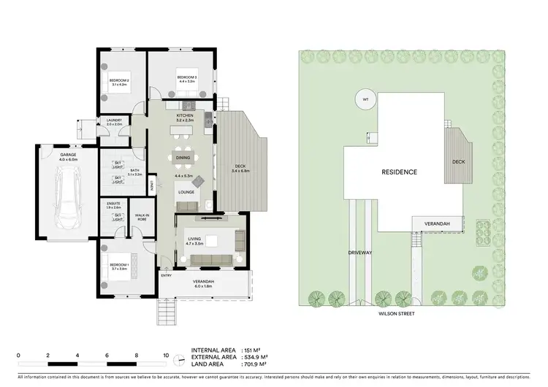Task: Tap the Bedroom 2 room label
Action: (119, 82)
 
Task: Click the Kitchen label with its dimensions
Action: (184, 118)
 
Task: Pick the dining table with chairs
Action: (183, 157)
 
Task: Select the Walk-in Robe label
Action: (142, 217)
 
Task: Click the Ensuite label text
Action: (114, 207)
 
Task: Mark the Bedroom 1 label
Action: (119, 267)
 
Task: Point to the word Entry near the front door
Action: (166, 275)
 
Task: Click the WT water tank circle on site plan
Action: (363, 100)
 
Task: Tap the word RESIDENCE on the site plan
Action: (399, 172)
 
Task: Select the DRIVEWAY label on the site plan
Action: (361, 253)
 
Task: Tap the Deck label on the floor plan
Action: (240, 169)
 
